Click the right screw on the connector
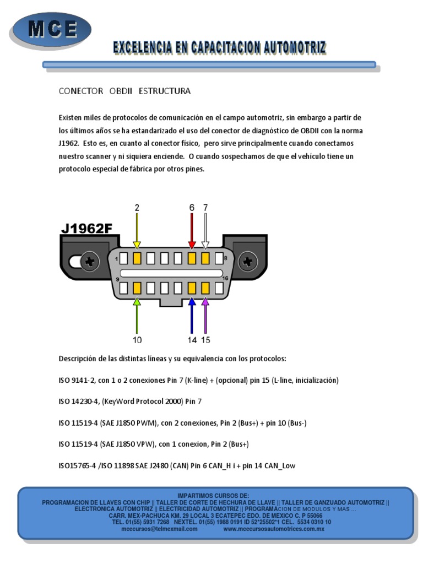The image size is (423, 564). tap(248, 261)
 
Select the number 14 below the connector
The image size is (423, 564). tap(192, 340)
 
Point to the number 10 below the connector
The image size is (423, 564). tap(137, 340)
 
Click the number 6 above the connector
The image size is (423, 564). tap(192, 208)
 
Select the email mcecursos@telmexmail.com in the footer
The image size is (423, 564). tap(159, 529)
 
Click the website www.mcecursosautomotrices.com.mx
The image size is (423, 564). tap(274, 529)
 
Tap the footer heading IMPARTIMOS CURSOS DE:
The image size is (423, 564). tap(213, 496)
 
